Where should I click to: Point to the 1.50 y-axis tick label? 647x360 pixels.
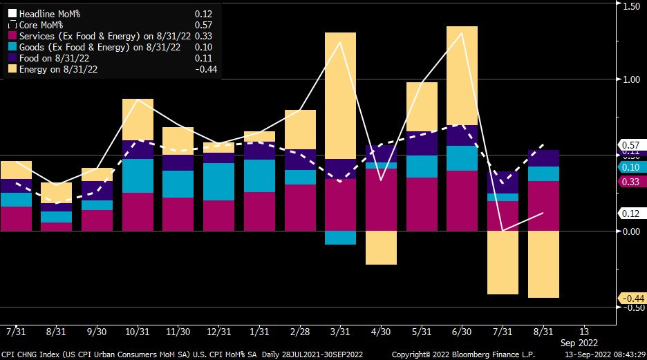pyautogui.click(x=632, y=6)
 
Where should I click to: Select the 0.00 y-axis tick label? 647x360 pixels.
pyautogui.click(x=632, y=231)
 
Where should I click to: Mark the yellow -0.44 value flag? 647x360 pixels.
pyautogui.click(x=632, y=299)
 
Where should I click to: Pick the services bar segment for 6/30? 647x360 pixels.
pyautogui.click(x=462, y=200)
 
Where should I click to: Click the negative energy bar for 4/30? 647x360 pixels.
pyautogui.click(x=381, y=247)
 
